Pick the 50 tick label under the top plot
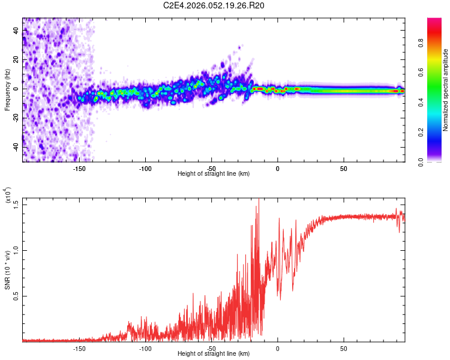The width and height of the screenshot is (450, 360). pyautogui.click(x=343, y=167)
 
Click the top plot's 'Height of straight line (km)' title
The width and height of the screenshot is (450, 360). pyautogui.click(x=214, y=174)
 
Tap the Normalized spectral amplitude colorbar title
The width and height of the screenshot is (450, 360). pyautogui.click(x=446, y=90)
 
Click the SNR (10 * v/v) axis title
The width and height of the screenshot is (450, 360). pyautogui.click(x=8, y=269)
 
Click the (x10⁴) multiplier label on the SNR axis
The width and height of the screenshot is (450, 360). pyautogui.click(x=8, y=194)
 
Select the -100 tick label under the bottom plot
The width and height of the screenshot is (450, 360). pyautogui.click(x=145, y=347)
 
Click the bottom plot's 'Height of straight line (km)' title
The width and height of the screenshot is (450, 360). pyautogui.click(x=214, y=354)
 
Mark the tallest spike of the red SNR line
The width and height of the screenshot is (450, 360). pyautogui.click(x=259, y=200)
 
